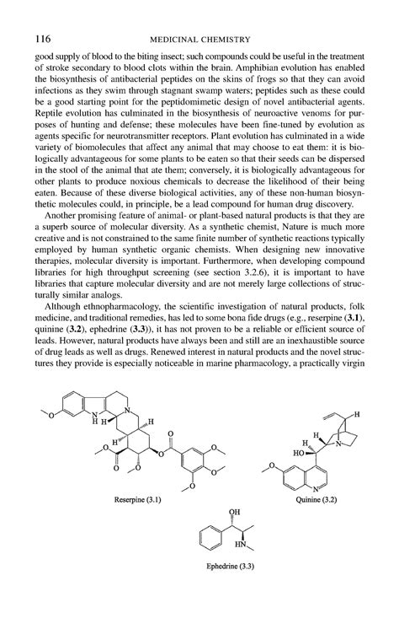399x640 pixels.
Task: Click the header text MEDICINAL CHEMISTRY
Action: click(x=199, y=38)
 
